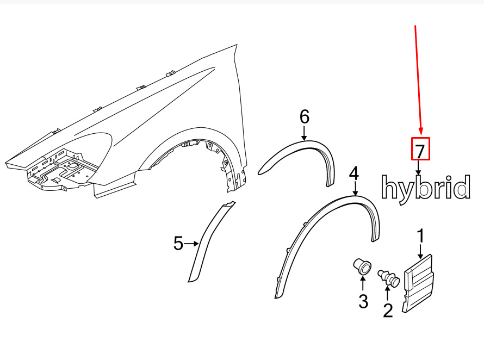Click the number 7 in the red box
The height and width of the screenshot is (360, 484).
point(420,149)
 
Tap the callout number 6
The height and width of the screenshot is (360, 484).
point(304,116)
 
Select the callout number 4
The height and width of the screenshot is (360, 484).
point(354,174)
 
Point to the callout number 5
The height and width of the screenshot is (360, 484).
point(178,244)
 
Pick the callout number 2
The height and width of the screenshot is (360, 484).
point(388,311)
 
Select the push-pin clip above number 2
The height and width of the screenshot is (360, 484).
point(390,278)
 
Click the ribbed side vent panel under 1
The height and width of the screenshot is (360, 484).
point(419,283)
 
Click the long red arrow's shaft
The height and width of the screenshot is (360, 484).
point(418,76)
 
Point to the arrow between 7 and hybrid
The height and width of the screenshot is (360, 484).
point(419,167)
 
